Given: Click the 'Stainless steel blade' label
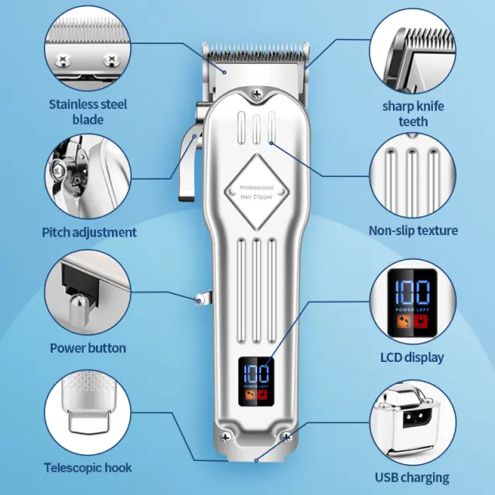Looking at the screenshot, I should (x=88, y=111).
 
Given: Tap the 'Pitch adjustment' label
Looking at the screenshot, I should (x=89, y=232).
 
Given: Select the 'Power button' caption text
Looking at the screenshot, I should (x=87, y=347).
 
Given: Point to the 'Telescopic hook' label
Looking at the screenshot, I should (x=87, y=467).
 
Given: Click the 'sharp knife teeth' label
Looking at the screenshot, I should (x=413, y=114).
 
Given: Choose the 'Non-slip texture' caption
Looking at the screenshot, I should (x=413, y=230).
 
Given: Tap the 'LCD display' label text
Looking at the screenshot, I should (x=412, y=357).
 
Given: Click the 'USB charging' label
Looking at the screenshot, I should (x=412, y=477).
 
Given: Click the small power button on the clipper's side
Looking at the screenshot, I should (x=200, y=299).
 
